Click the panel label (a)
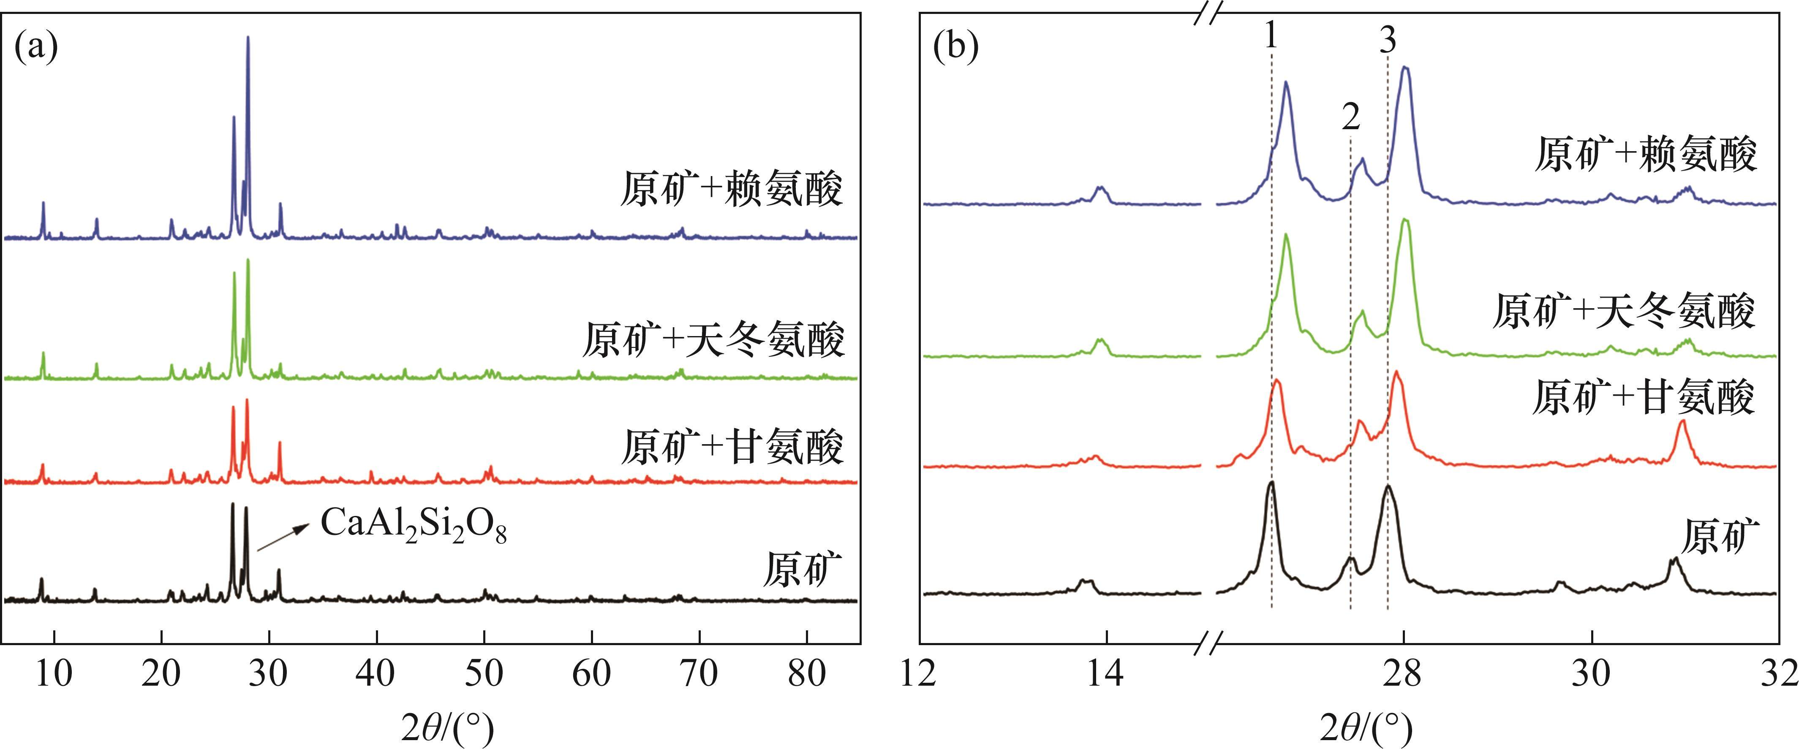[36, 47]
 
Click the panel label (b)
[956, 47]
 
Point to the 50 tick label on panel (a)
[484, 673]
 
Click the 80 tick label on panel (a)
[807, 673]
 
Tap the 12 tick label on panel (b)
[919, 673]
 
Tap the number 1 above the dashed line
[1271, 35]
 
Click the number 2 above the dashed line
[1351, 117]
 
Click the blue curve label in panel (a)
[731, 188]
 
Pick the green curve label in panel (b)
[1623, 311]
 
